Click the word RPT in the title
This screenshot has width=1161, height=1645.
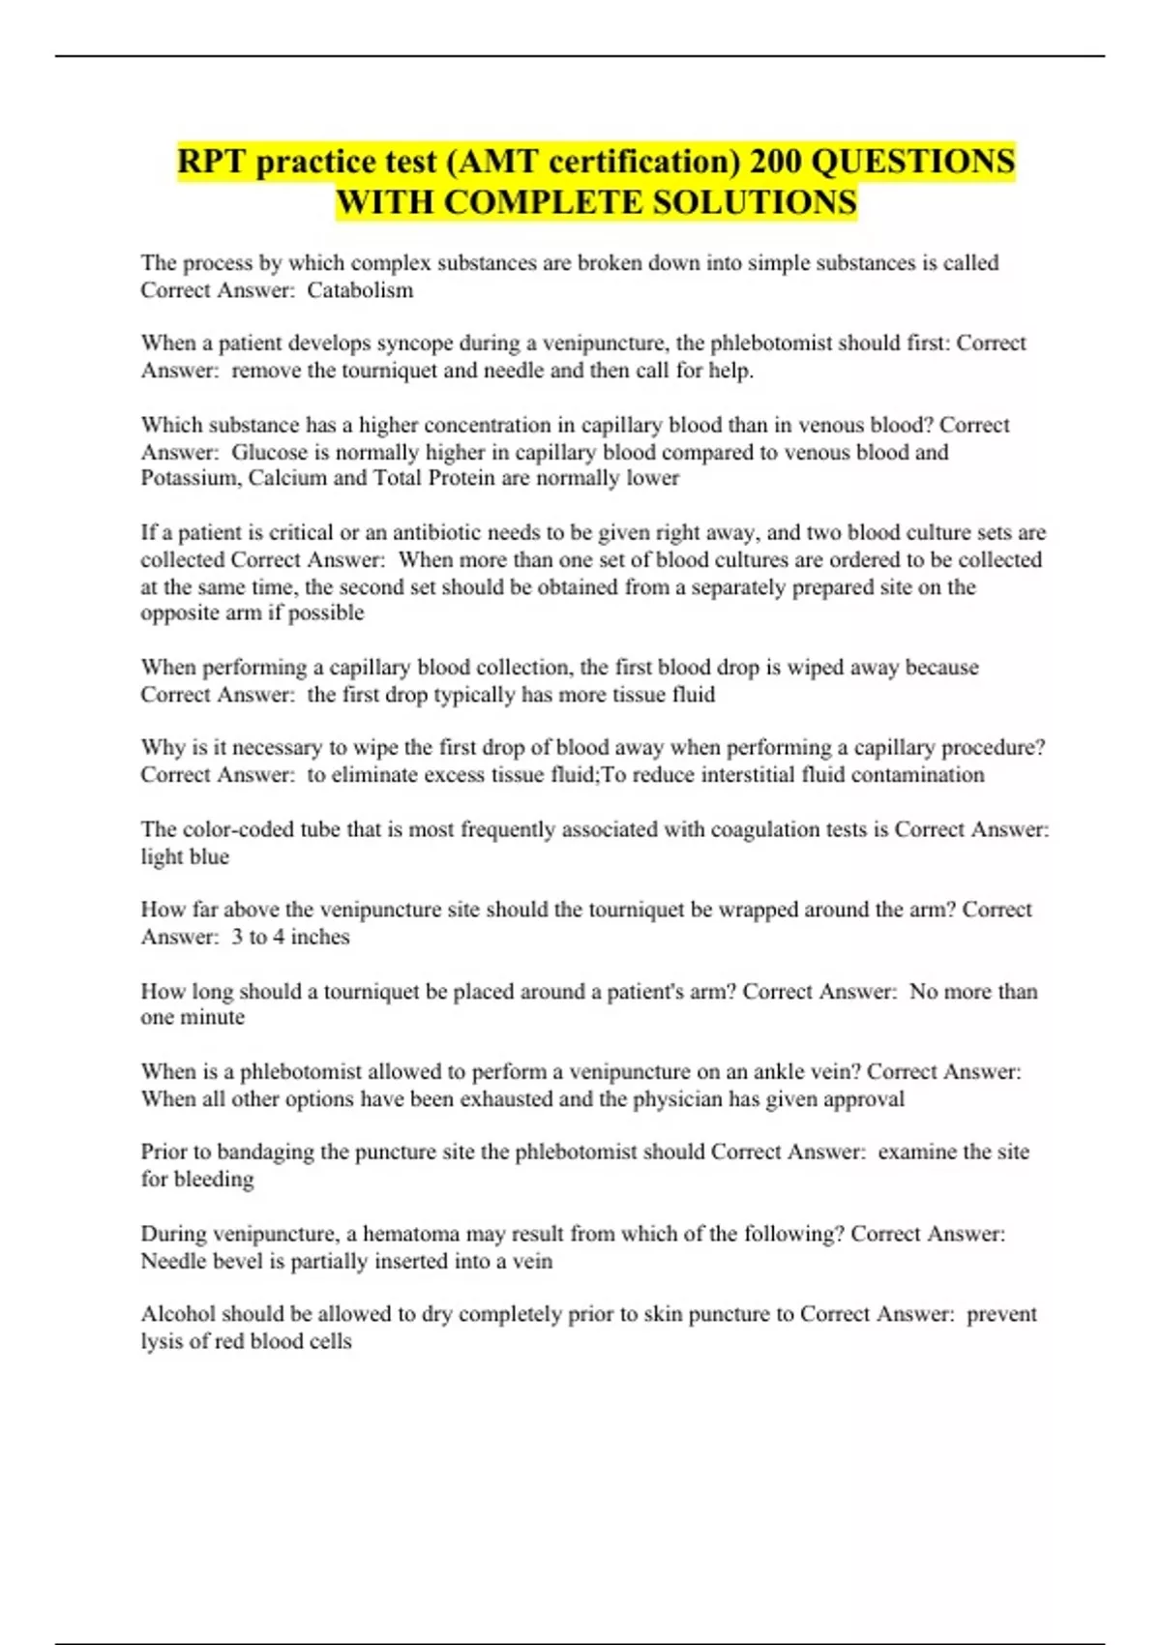pos(212,162)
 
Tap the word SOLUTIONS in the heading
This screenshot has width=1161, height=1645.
pos(755,203)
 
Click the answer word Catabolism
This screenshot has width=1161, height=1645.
pos(360,290)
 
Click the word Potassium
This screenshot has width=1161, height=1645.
pos(189,478)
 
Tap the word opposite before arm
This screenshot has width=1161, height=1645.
pos(181,613)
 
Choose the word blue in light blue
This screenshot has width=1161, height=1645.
pos(209,856)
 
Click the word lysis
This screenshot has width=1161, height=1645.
pos(162,1342)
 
